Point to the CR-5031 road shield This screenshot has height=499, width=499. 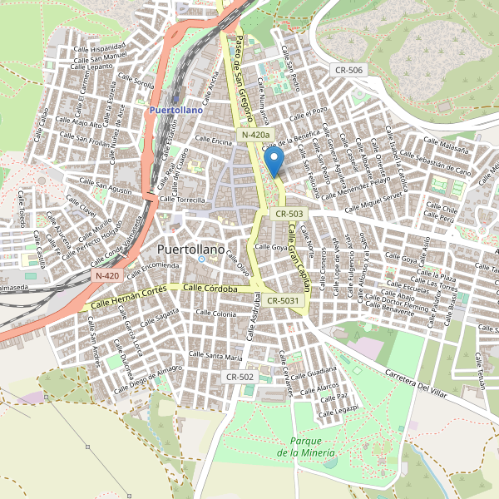coord(284,301)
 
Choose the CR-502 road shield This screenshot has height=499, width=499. coord(240,377)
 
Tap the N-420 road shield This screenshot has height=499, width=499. coord(107,275)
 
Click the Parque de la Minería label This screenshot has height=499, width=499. coord(307,447)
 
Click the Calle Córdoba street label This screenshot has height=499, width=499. coord(211,288)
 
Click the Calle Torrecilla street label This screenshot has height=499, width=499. coord(182,200)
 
